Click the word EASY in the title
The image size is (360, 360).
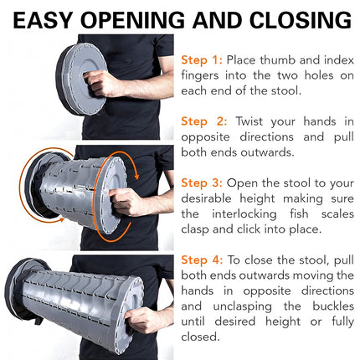pos(44,20)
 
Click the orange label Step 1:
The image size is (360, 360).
pos(202,60)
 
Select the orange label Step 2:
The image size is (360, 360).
pos(203,121)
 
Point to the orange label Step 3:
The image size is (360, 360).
pos(202,183)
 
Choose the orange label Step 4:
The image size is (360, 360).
pos(202,260)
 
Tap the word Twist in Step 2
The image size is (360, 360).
pos(249,121)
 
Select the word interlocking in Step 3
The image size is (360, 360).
pos(244,214)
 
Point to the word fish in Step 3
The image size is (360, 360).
pos(299,213)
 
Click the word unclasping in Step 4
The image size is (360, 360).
pos(242,306)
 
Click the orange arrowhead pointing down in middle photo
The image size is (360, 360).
pos(136,177)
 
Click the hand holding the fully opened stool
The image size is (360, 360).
pos(141,320)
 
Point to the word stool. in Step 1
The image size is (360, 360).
pos(286,91)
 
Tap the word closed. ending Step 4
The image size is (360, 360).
pos(200,337)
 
